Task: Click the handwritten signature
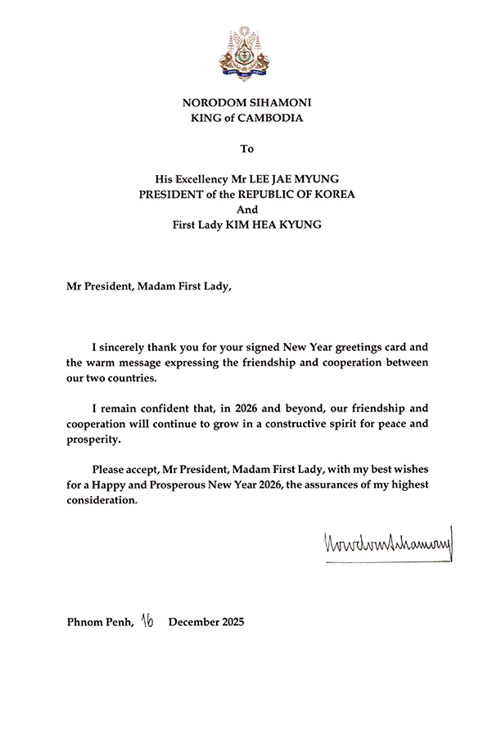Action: click(x=382, y=543)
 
